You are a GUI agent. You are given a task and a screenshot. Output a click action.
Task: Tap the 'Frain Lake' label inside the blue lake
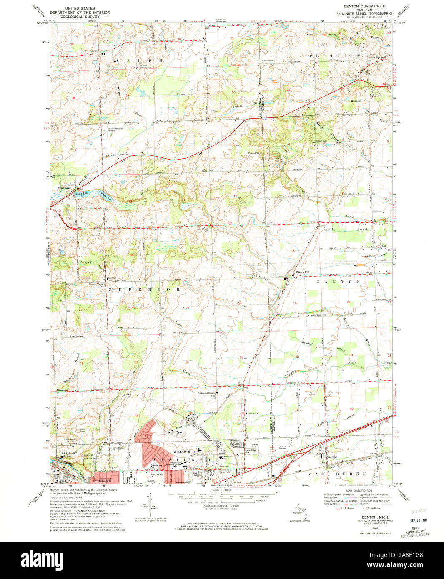[82, 194]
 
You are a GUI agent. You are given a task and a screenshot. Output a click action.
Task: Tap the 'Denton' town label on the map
[332, 457]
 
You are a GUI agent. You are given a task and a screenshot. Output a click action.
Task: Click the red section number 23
[188, 308]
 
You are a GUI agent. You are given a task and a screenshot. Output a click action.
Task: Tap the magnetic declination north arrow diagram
[149, 504]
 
